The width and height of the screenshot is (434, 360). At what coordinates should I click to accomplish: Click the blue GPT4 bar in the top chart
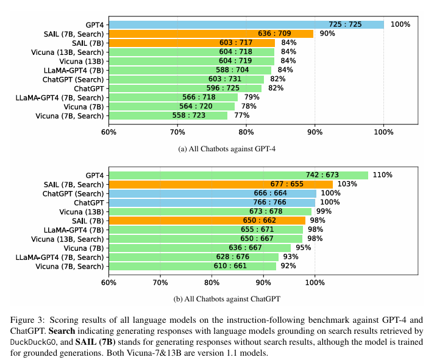pyautogui.click(x=246, y=24)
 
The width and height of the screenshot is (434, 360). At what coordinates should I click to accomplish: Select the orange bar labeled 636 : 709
pyautogui.click(x=211, y=34)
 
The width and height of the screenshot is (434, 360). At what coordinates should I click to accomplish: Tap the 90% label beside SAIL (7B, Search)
pyautogui.click(x=327, y=34)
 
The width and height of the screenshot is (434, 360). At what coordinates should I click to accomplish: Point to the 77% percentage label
pyautogui.click(x=241, y=116)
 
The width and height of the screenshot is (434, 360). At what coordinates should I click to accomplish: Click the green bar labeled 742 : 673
pyautogui.click(x=238, y=175)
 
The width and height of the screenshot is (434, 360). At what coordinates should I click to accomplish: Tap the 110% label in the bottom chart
pyautogui.click(x=382, y=175)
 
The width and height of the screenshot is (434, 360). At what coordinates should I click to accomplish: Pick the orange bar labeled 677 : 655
pyautogui.click(x=221, y=184)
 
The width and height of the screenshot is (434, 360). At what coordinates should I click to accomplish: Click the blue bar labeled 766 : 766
pyautogui.click(x=212, y=203)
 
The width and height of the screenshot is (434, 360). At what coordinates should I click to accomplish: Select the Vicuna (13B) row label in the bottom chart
pyautogui.click(x=77, y=212)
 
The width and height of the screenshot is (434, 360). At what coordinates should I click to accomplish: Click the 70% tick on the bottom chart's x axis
pyautogui.click(x=160, y=283)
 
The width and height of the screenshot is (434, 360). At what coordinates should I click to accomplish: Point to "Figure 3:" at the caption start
pyautogui.click(x=28, y=320)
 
